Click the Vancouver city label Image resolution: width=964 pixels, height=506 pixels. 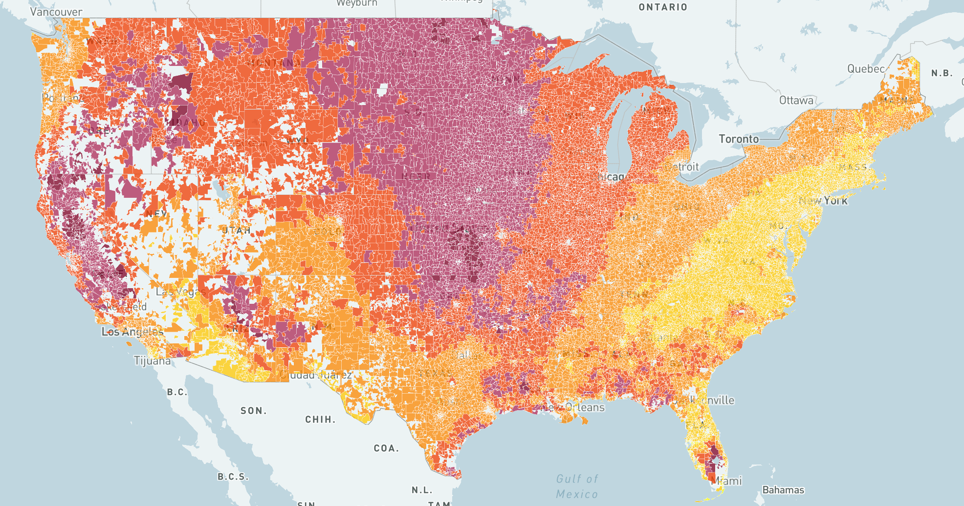[56, 12]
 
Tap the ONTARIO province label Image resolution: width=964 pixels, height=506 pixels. [663, 7]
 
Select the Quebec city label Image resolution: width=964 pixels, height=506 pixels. [866, 69]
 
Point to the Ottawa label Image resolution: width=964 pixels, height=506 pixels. [796, 100]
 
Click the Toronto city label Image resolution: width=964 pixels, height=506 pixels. [738, 139]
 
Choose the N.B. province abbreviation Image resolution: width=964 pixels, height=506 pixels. [942, 73]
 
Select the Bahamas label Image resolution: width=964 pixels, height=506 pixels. [783, 490]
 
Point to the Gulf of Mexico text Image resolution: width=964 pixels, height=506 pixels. [577, 486]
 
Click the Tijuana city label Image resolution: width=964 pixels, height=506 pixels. [152, 361]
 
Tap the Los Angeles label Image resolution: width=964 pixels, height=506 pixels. [132, 332]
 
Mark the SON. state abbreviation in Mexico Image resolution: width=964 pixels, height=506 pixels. [253, 411]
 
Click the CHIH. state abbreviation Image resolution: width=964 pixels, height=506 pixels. [320, 420]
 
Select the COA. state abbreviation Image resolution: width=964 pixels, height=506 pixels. [386, 448]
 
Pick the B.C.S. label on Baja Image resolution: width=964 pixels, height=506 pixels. [233, 477]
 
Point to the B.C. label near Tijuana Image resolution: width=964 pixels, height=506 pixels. [176, 392]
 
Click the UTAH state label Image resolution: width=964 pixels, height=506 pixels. [237, 230]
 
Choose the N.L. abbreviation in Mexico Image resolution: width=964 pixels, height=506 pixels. [421, 490]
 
